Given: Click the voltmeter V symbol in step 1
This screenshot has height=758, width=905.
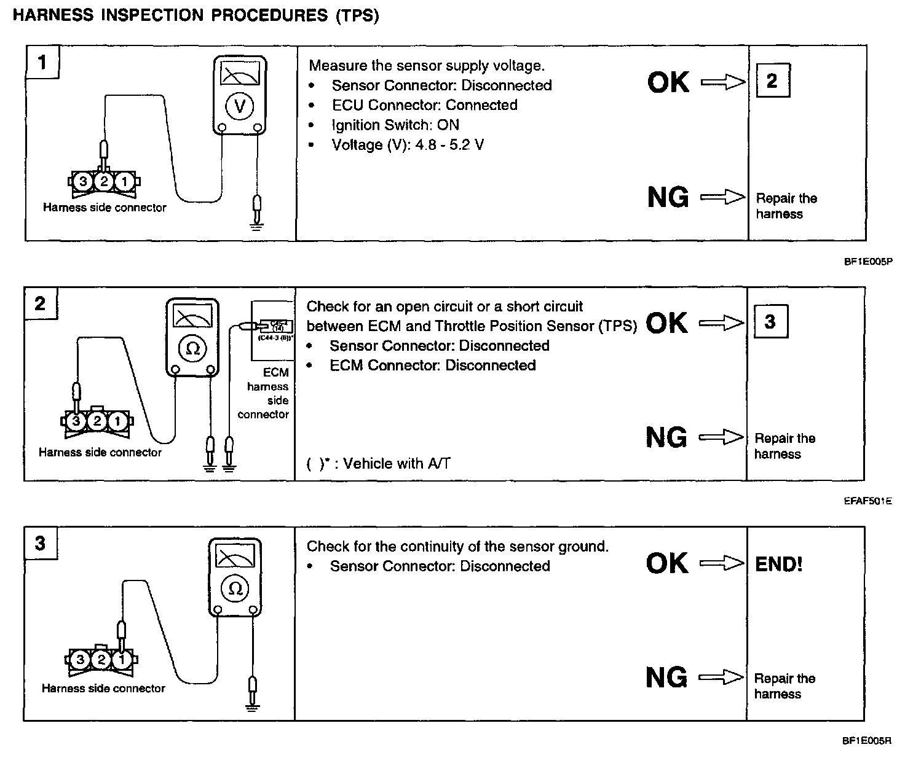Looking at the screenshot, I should click(240, 106).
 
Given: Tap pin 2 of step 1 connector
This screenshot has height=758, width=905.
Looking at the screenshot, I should click(105, 181).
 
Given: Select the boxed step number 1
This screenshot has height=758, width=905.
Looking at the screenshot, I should click(42, 61).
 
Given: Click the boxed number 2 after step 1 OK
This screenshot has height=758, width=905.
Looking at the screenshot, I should click(772, 80).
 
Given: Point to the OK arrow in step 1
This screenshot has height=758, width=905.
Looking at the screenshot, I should click(722, 82).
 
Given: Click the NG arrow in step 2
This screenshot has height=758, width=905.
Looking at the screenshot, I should click(721, 437).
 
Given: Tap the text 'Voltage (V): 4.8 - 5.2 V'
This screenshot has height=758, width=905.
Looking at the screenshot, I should click(407, 145).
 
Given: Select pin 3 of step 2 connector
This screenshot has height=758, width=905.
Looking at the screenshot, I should click(76, 421).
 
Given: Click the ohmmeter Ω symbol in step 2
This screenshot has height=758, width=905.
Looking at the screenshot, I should click(192, 348).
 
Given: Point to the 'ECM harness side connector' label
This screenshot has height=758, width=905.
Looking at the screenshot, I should click(265, 393).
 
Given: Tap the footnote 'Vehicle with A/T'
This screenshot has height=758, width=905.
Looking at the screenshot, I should click(378, 463).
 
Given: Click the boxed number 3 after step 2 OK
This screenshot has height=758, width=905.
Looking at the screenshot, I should click(770, 321).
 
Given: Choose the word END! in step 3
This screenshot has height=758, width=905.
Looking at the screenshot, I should click(778, 564).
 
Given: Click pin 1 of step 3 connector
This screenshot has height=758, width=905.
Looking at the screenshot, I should click(122, 660).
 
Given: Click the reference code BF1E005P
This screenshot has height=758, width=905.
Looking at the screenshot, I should click(867, 262).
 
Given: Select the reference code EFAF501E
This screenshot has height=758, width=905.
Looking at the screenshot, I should click(867, 501).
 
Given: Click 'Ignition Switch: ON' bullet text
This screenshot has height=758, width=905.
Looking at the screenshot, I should click(395, 125).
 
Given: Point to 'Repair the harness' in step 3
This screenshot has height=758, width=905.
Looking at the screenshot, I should click(784, 686).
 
